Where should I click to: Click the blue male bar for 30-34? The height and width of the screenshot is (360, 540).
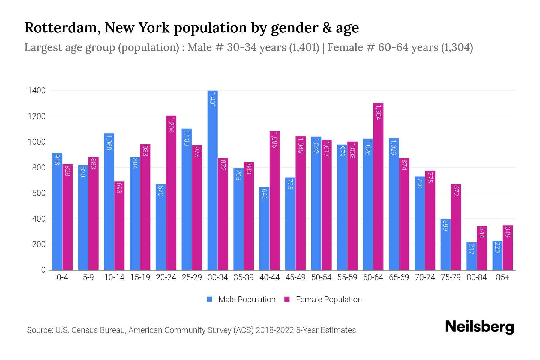[x=213, y=180]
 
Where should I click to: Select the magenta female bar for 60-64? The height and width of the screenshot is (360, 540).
[x=378, y=186]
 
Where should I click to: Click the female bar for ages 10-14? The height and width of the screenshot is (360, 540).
[x=119, y=225]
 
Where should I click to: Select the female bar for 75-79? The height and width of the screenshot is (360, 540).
[x=456, y=227]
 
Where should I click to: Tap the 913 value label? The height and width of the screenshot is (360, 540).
[x=57, y=160]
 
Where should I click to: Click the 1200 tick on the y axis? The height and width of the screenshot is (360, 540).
[x=37, y=116]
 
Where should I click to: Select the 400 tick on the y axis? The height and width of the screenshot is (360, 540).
[x=39, y=219]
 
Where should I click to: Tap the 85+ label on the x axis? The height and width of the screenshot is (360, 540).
[x=502, y=277]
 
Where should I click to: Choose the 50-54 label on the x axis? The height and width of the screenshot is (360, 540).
[x=321, y=277]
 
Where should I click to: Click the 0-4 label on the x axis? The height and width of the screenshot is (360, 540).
[x=62, y=277]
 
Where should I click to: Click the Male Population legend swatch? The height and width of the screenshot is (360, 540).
[x=209, y=299]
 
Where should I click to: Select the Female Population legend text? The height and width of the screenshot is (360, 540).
[x=329, y=299]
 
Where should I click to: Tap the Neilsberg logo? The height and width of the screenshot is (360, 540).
[x=479, y=327]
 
